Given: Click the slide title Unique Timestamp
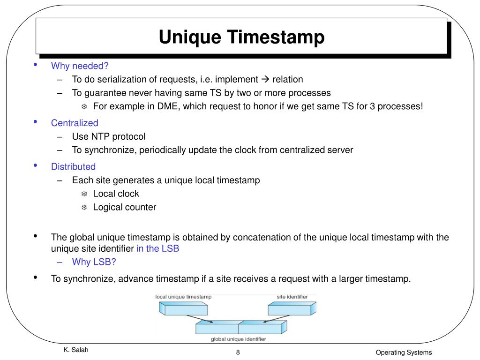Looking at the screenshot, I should tap(241, 37).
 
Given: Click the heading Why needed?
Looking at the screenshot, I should tap(80, 66).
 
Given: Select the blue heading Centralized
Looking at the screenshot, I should tap(75, 123).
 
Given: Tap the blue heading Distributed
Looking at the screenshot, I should tap(73, 166).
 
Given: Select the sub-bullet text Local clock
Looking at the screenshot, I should tap(116, 194).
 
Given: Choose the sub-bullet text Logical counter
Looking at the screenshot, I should tap(124, 207).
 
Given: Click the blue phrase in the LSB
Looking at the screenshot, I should tap(157, 248).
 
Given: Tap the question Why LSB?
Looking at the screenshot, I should tap(94, 262).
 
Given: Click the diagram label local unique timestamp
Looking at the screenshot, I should tap(183, 297).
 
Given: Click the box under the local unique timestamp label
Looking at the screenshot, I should tap(183, 309).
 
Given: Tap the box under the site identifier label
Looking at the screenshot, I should tap(291, 309).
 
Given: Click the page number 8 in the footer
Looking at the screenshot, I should tap(238, 352).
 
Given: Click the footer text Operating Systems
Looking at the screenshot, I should tap(403, 352).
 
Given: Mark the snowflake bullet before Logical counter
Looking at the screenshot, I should tap(84, 207).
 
